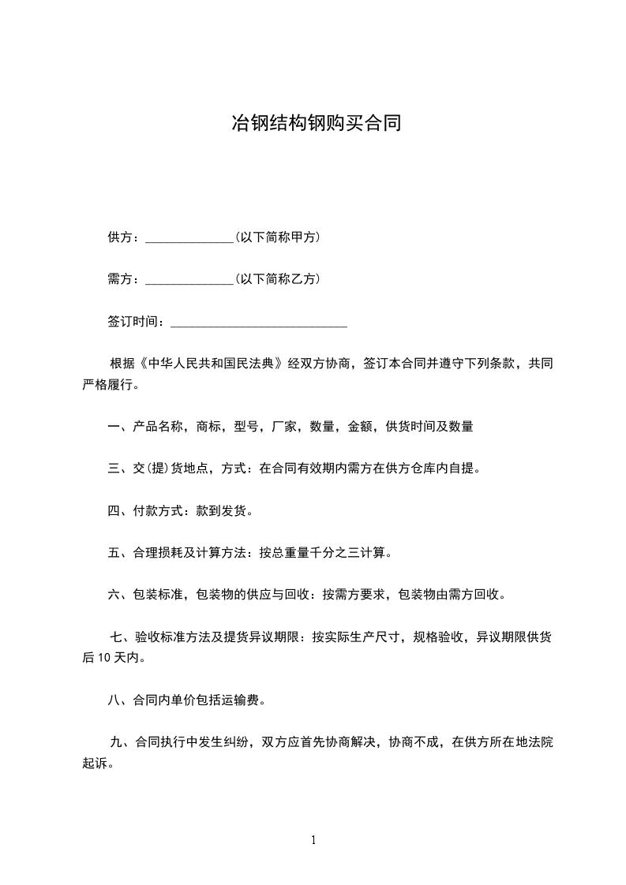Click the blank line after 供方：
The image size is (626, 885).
(189, 237)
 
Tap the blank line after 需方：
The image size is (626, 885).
(189, 280)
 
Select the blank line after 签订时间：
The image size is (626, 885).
(259, 323)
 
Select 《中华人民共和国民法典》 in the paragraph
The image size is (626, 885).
(211, 364)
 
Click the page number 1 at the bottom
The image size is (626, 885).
(313, 841)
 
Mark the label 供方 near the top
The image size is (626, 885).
(120, 237)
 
